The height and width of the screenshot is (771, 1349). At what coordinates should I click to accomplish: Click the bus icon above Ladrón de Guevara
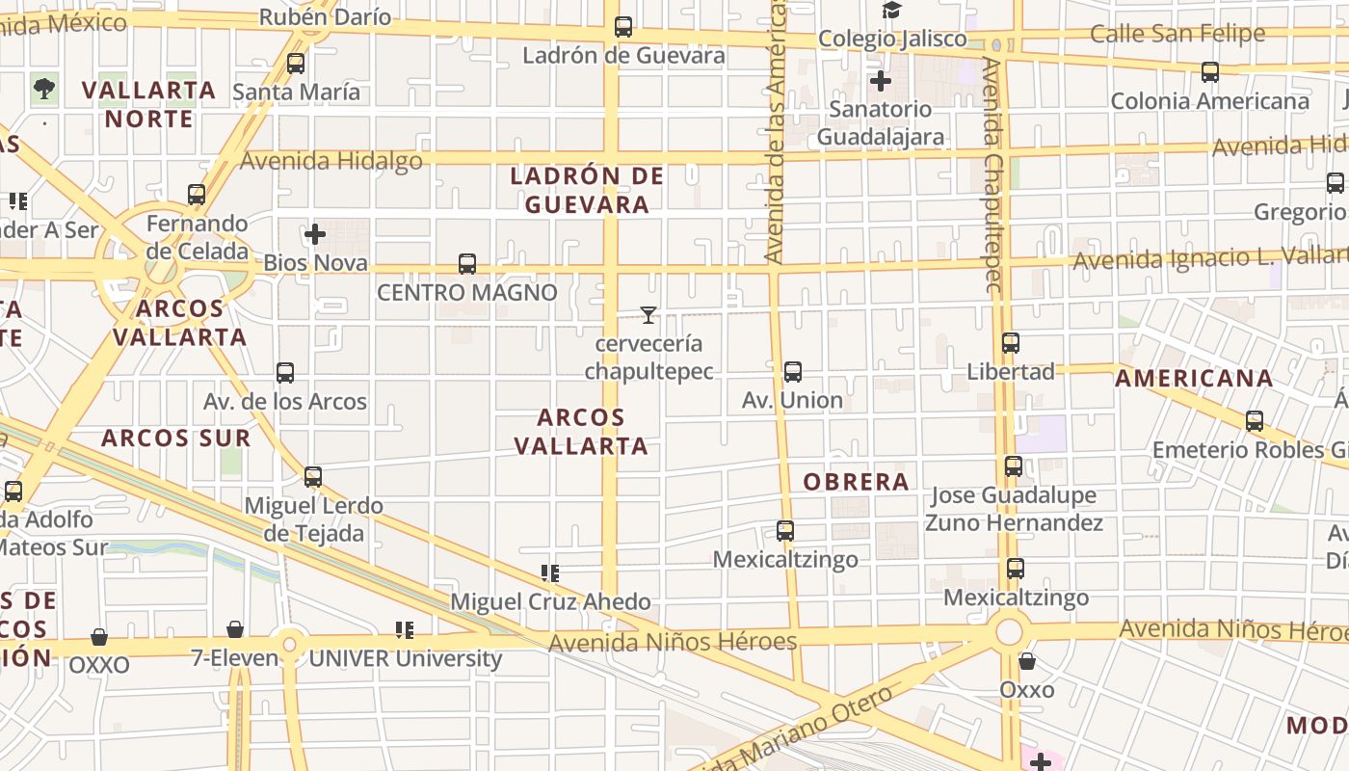[x=623, y=27]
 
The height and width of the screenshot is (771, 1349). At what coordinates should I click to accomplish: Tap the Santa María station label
[x=297, y=93]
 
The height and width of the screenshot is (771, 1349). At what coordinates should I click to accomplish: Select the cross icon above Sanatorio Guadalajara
[x=880, y=81]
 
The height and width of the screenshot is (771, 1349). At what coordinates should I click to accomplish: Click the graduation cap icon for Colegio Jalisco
[x=891, y=11]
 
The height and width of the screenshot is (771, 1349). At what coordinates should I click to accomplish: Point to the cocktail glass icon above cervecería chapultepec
[x=648, y=315]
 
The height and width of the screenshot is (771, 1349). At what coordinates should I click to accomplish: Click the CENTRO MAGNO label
[x=467, y=292]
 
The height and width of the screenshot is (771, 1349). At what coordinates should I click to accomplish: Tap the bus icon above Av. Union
[x=792, y=372]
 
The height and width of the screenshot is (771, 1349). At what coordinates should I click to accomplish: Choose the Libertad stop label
[x=1011, y=372]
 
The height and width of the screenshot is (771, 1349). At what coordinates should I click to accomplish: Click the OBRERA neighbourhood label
[x=857, y=482]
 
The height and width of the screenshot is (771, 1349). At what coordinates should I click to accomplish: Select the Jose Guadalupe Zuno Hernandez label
[x=1014, y=509]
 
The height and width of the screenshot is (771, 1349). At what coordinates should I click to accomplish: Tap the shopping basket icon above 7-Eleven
[x=235, y=630]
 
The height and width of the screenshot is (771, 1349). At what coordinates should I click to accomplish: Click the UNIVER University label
[x=405, y=659]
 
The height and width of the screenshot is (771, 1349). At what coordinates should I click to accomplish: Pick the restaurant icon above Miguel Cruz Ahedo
[x=550, y=574]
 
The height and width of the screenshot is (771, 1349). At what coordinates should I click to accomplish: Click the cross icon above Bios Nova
[x=315, y=234]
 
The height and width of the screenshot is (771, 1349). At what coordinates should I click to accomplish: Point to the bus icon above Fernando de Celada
[x=197, y=195]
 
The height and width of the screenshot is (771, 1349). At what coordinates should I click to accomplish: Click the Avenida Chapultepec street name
[x=993, y=173]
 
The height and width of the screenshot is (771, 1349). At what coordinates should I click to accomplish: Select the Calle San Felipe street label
[x=1177, y=34]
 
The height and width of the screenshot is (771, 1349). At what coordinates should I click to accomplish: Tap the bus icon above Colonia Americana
[x=1210, y=72]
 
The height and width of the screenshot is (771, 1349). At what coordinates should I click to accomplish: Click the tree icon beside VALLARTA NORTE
[x=43, y=90]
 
